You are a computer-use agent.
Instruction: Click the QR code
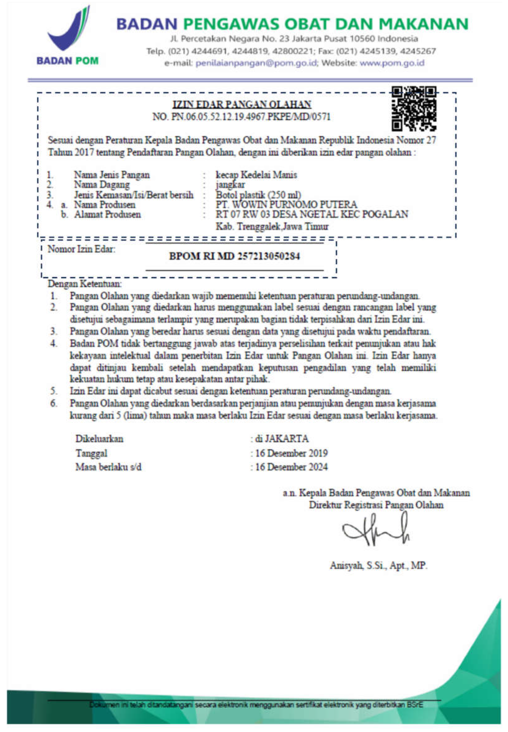414,109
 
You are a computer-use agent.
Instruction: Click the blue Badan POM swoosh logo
68,30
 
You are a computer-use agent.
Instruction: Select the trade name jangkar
230,185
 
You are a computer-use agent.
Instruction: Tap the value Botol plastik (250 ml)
258,195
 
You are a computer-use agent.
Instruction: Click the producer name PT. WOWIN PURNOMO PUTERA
286,204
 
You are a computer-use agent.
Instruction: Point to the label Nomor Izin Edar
82,249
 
